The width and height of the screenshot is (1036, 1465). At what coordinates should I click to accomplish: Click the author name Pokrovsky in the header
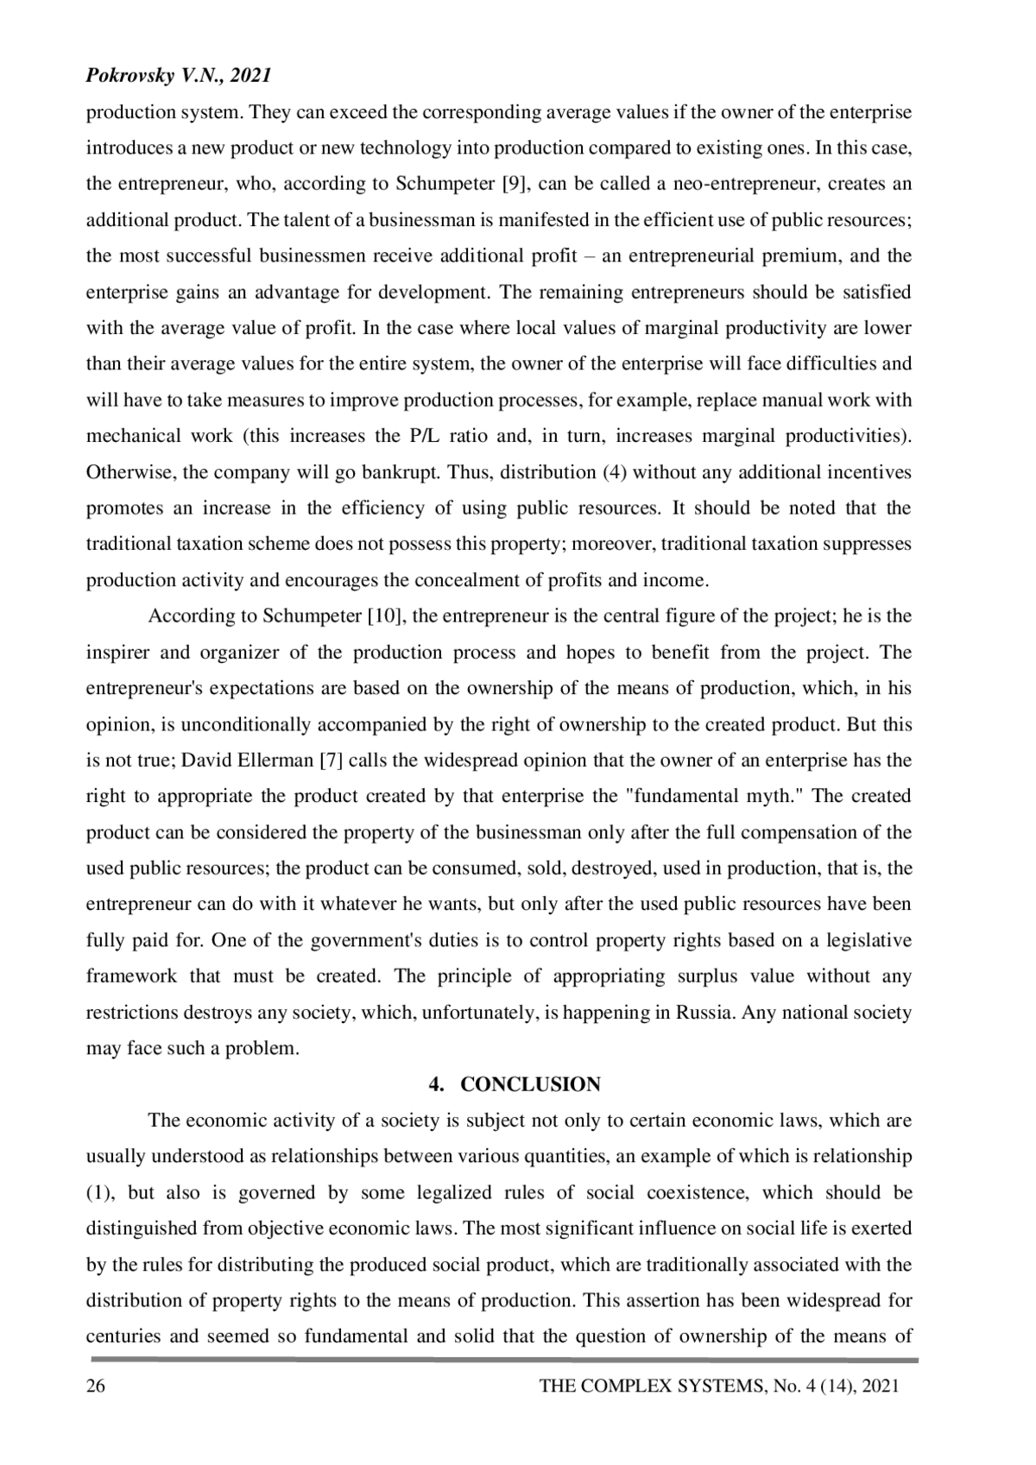click(129, 76)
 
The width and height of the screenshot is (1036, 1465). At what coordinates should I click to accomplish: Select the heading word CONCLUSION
click(531, 1084)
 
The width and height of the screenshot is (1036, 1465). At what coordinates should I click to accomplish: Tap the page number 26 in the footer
click(96, 1386)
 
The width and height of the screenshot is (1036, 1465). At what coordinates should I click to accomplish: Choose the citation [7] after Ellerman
click(333, 761)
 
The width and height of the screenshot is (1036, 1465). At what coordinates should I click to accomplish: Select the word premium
click(811, 256)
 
